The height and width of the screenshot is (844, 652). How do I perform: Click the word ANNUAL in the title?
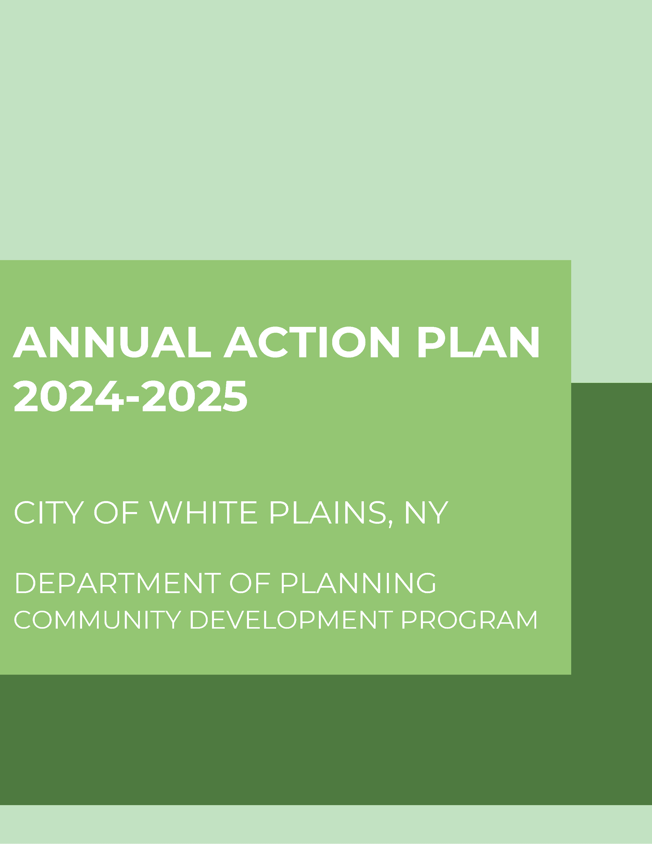tap(112, 342)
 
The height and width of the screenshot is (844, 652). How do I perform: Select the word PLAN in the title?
tap(479, 342)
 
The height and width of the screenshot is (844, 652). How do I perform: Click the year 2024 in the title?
tap(69, 396)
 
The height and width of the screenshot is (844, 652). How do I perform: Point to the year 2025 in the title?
tap(195, 396)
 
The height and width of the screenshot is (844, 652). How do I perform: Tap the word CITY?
tap(49, 513)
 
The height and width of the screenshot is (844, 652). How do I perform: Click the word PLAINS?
tap(327, 513)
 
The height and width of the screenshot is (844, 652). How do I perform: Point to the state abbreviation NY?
tap(426, 513)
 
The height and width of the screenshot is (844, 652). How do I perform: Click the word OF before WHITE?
tap(116, 513)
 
